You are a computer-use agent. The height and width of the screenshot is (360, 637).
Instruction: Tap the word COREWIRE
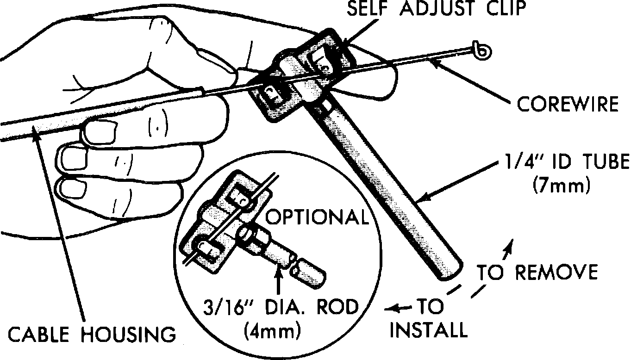[x=568, y=104]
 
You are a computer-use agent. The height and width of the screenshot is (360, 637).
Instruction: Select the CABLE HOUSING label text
[x=92, y=335]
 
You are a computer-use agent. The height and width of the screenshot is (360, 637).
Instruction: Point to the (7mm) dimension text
[x=561, y=186]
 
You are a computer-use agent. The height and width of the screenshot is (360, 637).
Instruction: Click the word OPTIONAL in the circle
[x=319, y=217]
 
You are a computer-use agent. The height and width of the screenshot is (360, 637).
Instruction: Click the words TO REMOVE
[x=537, y=273]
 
